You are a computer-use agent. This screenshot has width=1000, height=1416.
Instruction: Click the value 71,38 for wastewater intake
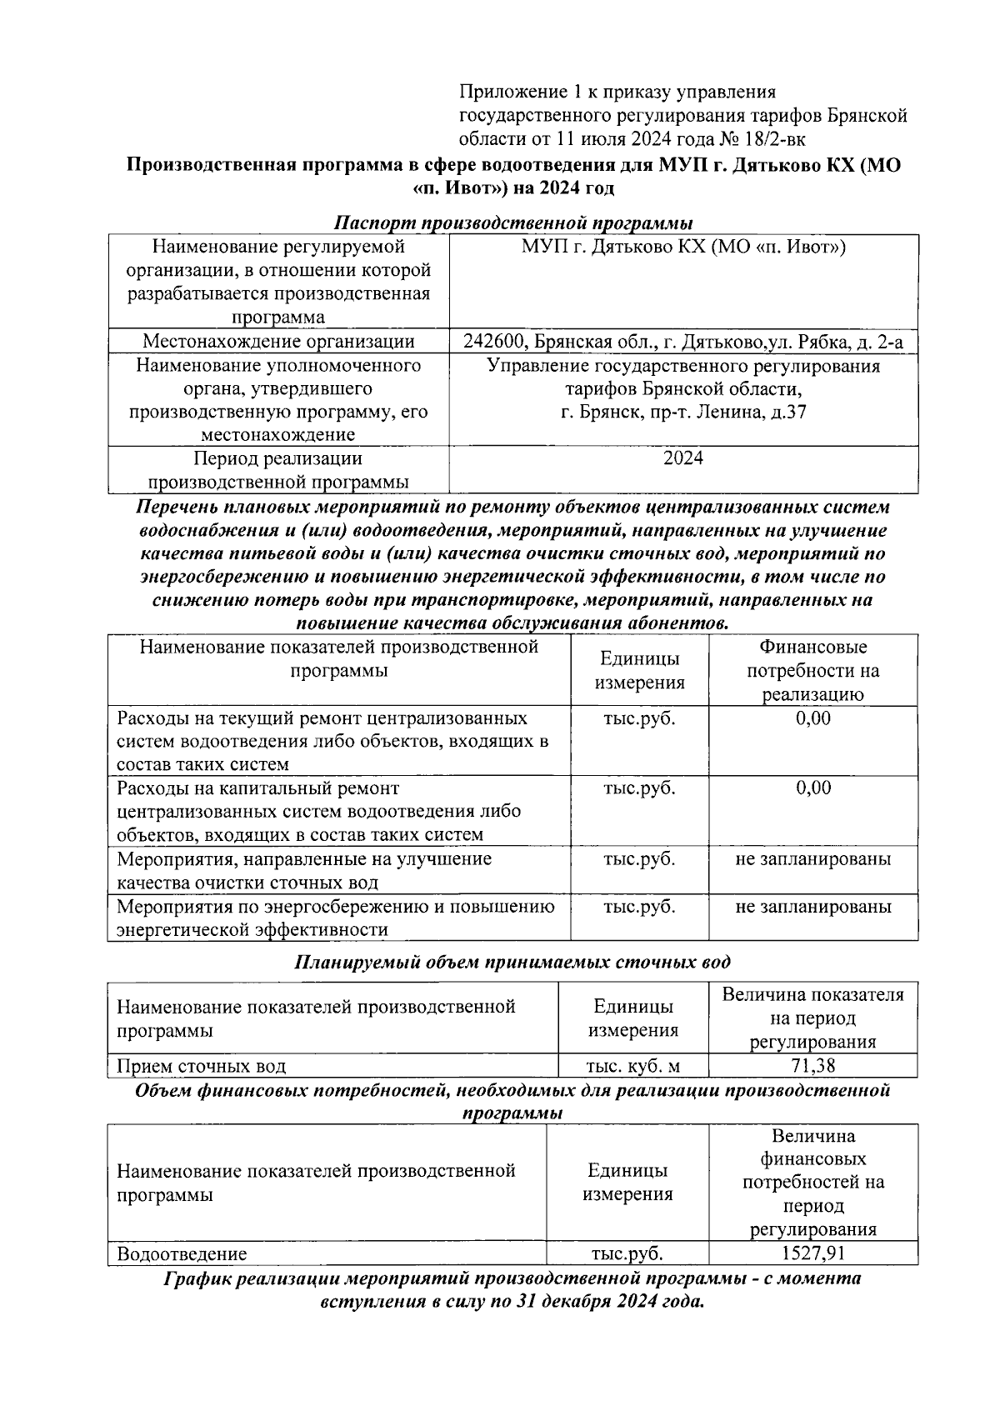812,1065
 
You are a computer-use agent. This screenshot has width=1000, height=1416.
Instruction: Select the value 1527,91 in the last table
812,1253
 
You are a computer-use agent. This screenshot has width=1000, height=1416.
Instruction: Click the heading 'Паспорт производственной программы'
513,223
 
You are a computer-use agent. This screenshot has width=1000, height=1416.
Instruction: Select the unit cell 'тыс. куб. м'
632,1065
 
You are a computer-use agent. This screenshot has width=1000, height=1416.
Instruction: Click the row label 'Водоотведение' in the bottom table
182,1253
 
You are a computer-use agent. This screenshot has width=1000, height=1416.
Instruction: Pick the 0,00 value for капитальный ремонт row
812,788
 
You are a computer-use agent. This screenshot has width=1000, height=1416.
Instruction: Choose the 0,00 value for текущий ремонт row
812,718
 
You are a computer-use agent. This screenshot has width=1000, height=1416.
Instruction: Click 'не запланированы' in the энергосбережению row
812,906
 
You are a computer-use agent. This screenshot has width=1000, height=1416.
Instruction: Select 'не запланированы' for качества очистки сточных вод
812,858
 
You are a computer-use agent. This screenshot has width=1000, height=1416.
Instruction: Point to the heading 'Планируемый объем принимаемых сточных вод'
513,962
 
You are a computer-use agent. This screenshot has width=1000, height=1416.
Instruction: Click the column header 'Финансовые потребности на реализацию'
812,670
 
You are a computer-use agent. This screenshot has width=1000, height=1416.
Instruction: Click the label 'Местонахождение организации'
278,342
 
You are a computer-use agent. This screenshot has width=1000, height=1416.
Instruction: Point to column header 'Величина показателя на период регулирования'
812,1018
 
